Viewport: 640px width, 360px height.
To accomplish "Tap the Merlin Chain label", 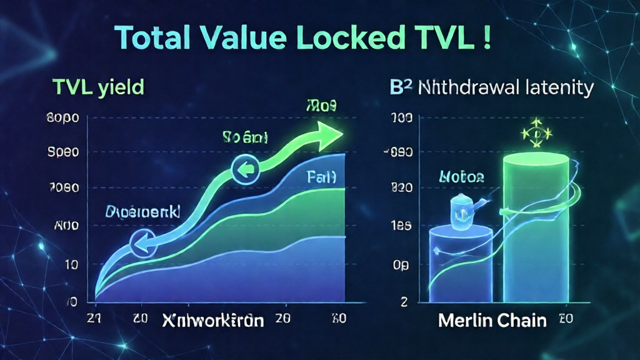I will tap(492, 321).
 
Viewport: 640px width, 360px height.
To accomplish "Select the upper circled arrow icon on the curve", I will tap(244, 169).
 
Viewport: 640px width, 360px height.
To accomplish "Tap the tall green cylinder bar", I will tap(536, 225).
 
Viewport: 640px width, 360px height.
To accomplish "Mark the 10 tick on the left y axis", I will tap(71, 265).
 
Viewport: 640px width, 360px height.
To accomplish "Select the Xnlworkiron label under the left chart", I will tap(212, 321).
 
